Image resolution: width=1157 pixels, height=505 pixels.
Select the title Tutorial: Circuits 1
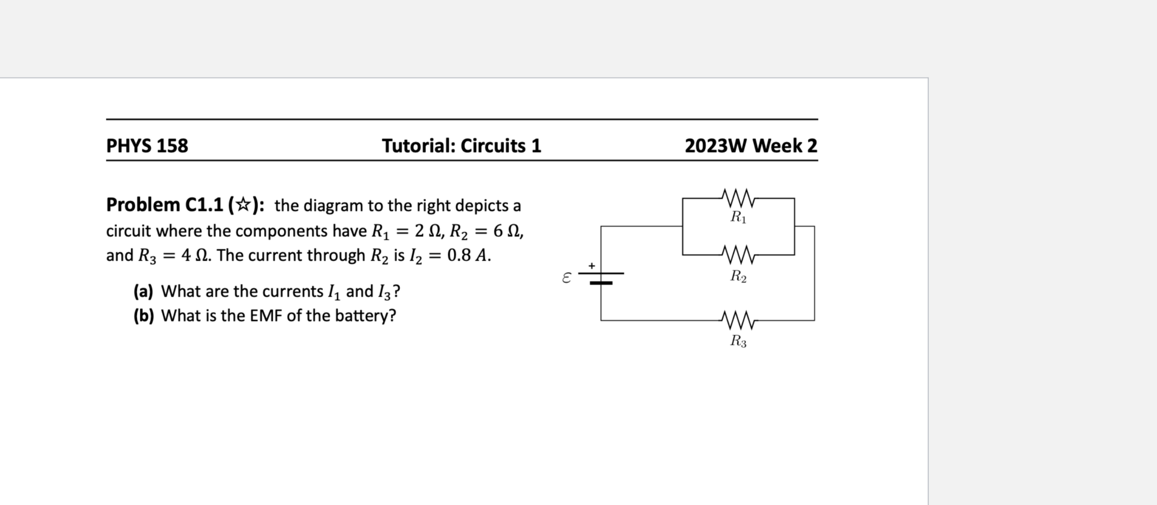(x=461, y=145)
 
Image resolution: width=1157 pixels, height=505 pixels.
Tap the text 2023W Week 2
(x=751, y=145)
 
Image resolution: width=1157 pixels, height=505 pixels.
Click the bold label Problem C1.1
(x=164, y=205)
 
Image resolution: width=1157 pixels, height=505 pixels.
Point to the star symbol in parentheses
(x=243, y=205)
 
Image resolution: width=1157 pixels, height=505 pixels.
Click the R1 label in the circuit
(x=738, y=217)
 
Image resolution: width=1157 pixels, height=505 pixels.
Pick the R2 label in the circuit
(x=738, y=276)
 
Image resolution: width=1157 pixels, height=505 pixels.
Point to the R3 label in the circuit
(x=738, y=341)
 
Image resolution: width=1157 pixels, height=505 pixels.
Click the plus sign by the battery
(x=592, y=265)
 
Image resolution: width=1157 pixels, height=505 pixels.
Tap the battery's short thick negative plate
(x=601, y=283)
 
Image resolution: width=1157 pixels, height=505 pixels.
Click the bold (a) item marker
(x=143, y=292)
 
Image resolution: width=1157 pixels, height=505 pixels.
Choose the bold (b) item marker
(x=143, y=316)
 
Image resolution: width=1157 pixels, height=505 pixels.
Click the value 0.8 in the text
(x=459, y=255)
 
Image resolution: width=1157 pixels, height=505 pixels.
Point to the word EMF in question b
(x=266, y=316)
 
